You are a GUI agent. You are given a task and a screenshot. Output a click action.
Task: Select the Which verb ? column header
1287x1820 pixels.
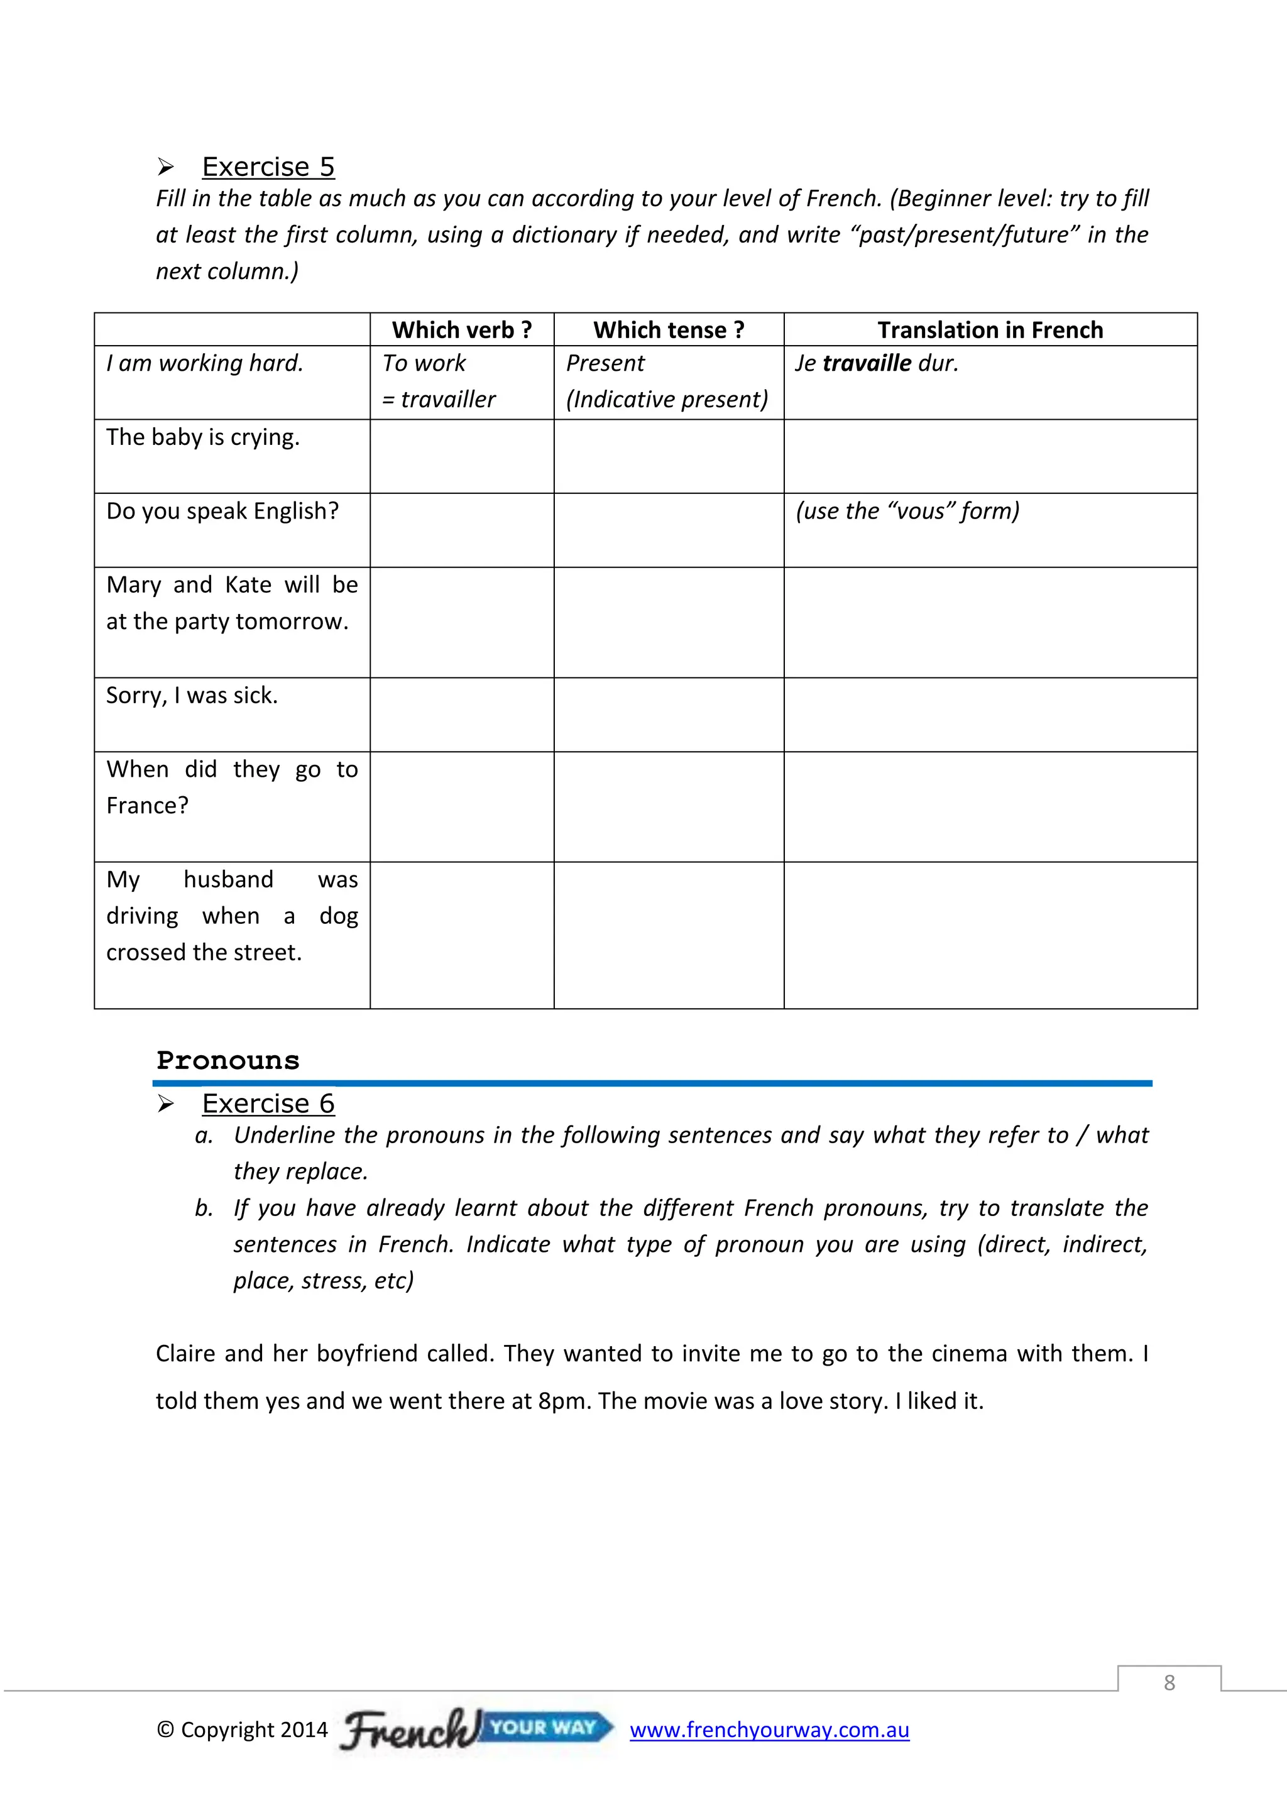point(461,330)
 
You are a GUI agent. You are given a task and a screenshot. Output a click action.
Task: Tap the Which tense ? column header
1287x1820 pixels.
point(668,330)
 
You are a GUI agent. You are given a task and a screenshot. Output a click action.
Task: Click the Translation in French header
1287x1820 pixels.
point(990,330)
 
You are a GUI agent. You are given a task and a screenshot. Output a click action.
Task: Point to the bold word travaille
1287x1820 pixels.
point(867,363)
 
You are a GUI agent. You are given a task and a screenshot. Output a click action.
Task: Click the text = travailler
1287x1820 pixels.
point(438,400)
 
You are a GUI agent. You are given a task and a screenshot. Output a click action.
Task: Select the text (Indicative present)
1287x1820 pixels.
point(667,400)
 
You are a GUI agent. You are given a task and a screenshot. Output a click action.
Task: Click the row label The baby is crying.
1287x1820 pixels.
point(203,437)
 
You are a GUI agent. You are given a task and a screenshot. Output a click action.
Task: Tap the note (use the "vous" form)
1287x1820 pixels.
point(907,510)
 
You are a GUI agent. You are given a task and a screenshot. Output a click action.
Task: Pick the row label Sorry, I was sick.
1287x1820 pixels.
point(192,695)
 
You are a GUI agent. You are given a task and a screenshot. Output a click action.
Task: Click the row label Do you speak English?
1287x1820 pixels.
point(222,510)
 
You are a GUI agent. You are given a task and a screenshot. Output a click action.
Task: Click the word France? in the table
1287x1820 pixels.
point(148,806)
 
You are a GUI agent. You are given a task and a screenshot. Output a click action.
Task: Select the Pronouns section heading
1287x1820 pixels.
point(227,1061)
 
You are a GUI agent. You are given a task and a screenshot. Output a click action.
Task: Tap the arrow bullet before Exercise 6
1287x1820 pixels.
point(166,1104)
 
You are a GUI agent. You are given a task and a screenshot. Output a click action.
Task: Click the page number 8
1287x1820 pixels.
point(1169,1682)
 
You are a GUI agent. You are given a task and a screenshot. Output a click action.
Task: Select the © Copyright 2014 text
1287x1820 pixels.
point(242,1730)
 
